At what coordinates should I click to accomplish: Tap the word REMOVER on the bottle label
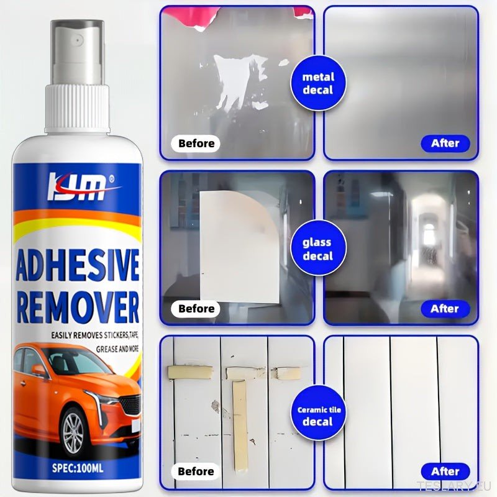point(78,307)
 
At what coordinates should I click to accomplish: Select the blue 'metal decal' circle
point(318,83)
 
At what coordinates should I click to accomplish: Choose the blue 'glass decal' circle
point(317,249)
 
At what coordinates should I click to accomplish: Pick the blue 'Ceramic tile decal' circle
point(318,416)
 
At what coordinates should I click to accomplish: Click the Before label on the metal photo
point(197,144)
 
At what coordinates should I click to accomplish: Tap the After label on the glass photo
point(445,309)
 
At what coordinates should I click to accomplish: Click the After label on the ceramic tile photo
point(445,472)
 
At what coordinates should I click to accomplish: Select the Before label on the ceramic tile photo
point(196,472)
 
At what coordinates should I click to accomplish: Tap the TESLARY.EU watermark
point(456,486)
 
